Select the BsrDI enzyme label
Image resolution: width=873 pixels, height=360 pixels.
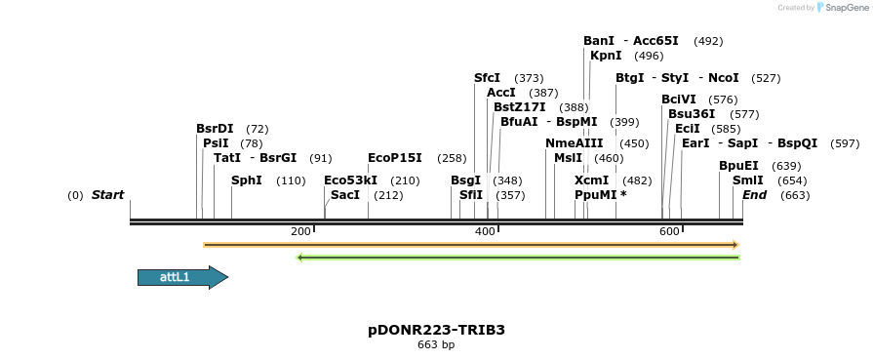point(215,128)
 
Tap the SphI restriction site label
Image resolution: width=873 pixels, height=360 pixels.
point(247,180)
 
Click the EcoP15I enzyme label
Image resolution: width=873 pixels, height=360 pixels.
point(394,157)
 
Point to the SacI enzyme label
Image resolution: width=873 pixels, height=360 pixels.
point(345,195)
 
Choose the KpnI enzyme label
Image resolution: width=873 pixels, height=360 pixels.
point(606,56)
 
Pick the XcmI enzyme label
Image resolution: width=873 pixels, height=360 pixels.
point(591,180)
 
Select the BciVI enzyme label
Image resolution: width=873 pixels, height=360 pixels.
point(679,99)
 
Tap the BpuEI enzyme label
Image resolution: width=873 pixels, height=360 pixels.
point(738,166)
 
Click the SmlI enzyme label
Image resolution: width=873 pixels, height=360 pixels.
point(748,180)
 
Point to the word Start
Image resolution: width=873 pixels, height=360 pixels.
point(107,195)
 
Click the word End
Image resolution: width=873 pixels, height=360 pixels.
point(754,195)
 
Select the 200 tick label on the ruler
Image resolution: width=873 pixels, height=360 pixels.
point(300,231)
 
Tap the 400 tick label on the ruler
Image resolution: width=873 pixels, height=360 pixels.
point(485,231)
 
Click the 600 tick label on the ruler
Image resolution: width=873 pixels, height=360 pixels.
point(669,231)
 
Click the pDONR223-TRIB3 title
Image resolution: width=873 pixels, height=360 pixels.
point(436,330)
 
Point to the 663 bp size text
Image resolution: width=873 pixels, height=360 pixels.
point(436,344)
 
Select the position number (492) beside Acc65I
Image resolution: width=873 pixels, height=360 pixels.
point(708,41)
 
